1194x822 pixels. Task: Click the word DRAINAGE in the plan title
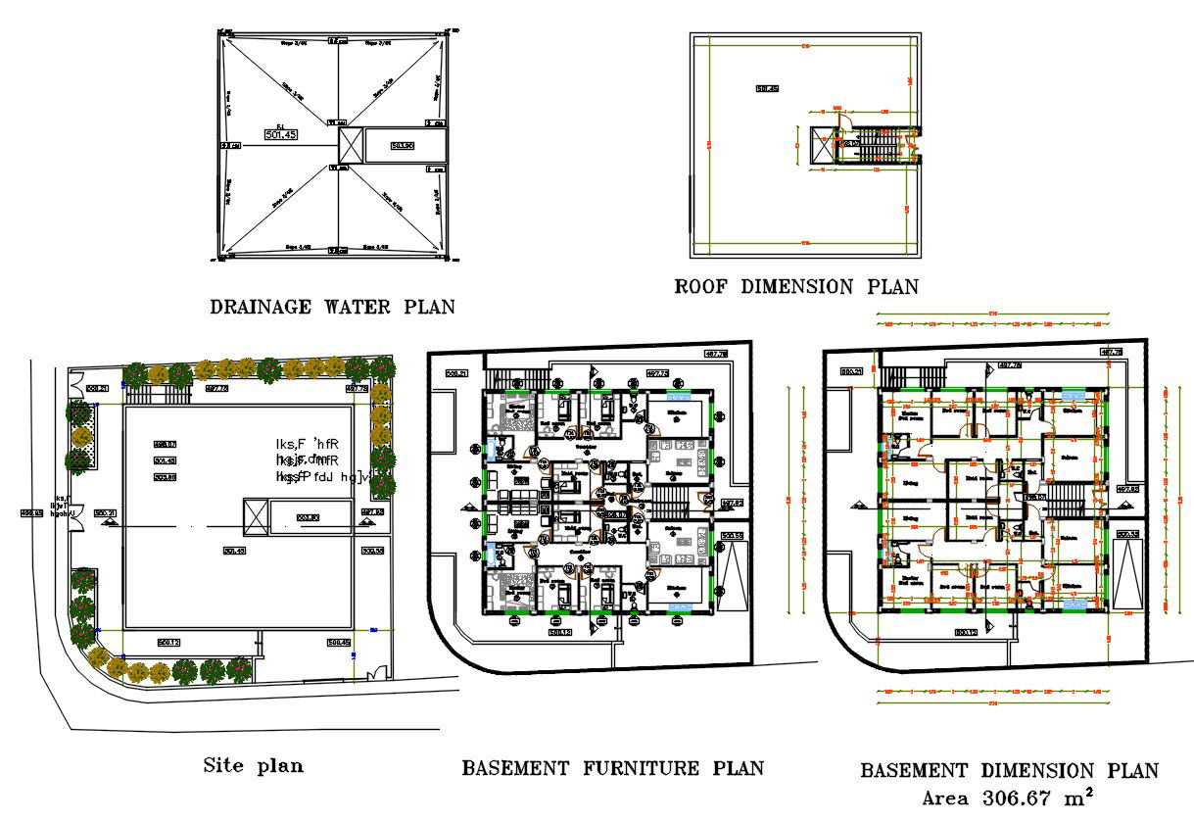tap(257, 307)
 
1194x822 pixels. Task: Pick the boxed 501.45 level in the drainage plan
tap(280, 134)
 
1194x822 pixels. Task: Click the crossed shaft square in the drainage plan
tap(350, 146)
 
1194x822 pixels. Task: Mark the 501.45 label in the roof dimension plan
tap(766, 89)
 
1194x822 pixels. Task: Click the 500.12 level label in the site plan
tap(167, 642)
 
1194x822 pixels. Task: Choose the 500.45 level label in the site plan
tap(338, 642)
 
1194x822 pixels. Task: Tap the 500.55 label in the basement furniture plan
tap(731, 536)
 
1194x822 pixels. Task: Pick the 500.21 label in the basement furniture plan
tap(455, 372)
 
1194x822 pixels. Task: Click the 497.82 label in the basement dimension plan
tap(1126, 488)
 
